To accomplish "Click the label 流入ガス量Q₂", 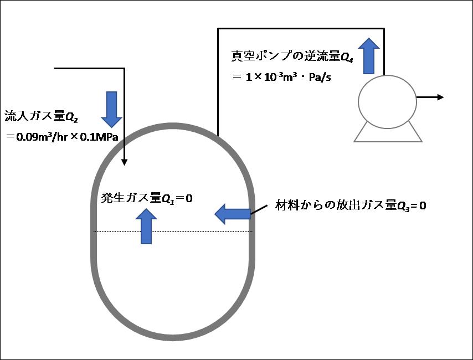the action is pyautogui.click(x=42, y=116).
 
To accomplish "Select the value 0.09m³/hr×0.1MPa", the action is pyautogui.click(x=67, y=137).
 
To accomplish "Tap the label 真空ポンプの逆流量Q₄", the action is pyautogui.click(x=292, y=56).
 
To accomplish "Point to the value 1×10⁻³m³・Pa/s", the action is pyautogui.click(x=289, y=77).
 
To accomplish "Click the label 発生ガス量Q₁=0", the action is pyautogui.click(x=147, y=198).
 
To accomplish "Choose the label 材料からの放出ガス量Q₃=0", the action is pyautogui.click(x=351, y=205).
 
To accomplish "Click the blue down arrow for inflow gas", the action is pyautogui.click(x=112, y=109).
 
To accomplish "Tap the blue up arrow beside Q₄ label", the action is pyautogui.click(x=369, y=56).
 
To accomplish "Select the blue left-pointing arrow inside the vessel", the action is pyautogui.click(x=233, y=214).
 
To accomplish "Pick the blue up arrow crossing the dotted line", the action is pyautogui.click(x=146, y=226).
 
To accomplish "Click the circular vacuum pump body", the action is pyautogui.click(x=387, y=102).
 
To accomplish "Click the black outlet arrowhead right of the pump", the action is pyautogui.click(x=441, y=97).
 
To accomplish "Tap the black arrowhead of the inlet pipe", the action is pyautogui.click(x=124, y=162).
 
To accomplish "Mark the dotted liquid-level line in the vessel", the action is pyautogui.click(x=173, y=232).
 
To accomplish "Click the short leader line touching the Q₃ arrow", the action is pyautogui.click(x=259, y=210).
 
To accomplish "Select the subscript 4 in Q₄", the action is pyautogui.click(x=351, y=60).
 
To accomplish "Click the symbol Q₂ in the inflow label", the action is pyautogui.click(x=72, y=117).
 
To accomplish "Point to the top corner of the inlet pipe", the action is pyautogui.click(x=124, y=69).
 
